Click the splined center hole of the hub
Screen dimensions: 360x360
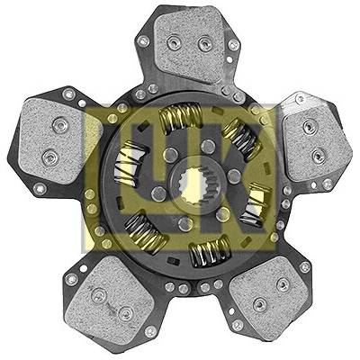(x=195, y=186)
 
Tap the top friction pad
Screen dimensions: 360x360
(x=192, y=43)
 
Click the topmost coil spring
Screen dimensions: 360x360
(x=181, y=116)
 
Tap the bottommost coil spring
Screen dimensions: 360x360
(x=211, y=251)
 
